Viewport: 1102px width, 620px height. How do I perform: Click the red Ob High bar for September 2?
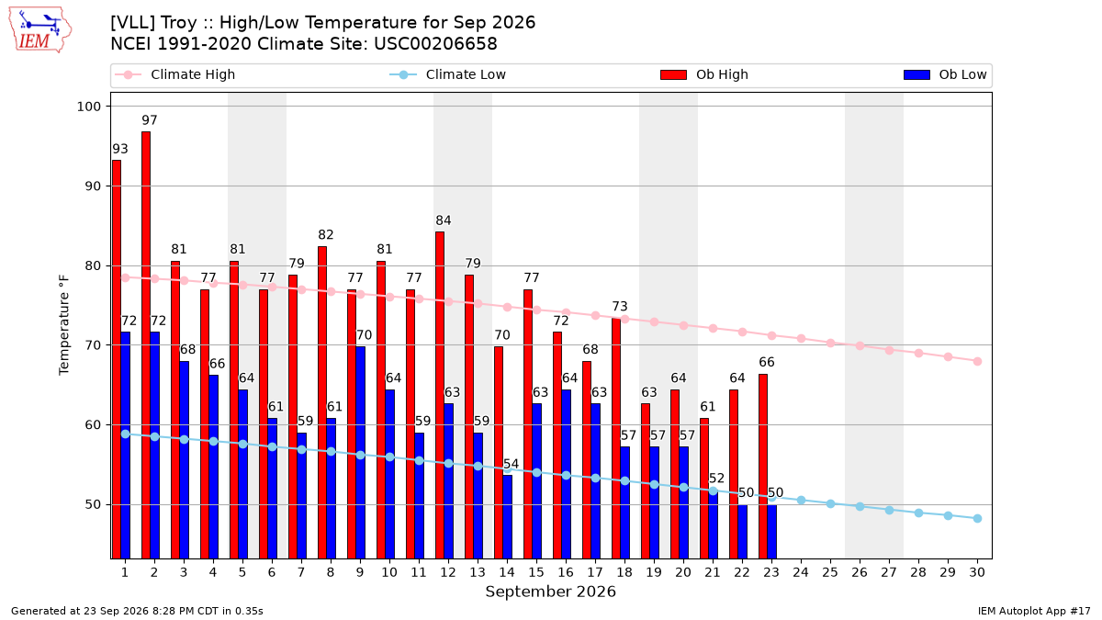pyautogui.click(x=146, y=345)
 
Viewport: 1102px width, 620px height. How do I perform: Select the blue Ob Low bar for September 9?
pyautogui.click(x=360, y=453)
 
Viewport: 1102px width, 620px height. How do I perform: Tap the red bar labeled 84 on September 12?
pyautogui.click(x=440, y=395)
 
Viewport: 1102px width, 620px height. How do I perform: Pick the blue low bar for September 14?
pyautogui.click(x=507, y=516)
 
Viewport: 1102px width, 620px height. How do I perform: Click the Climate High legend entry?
pyautogui.click(x=174, y=74)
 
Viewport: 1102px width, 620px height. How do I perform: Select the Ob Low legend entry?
pyautogui.click(x=945, y=74)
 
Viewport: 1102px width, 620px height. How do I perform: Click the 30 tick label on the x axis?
pyautogui.click(x=977, y=572)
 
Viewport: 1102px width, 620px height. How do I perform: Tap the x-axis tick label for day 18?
pyautogui.click(x=624, y=572)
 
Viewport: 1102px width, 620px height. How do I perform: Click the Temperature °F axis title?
pyautogui.click(x=64, y=325)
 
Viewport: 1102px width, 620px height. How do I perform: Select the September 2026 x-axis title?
pyautogui.click(x=550, y=592)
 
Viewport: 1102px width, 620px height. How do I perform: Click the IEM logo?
pyautogui.click(x=40, y=30)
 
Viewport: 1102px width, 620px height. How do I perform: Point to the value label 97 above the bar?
pyautogui.click(x=150, y=120)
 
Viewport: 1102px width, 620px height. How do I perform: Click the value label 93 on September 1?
pyautogui.click(x=120, y=149)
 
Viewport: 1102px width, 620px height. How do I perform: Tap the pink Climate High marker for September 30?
pyautogui.click(x=977, y=361)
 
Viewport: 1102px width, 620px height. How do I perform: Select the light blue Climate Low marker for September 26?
pyautogui.click(x=860, y=506)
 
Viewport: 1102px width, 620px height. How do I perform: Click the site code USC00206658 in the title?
pyautogui.click(x=435, y=44)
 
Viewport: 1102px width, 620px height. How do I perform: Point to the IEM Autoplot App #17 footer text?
pyautogui.click(x=1034, y=611)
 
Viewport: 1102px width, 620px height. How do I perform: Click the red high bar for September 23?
pyautogui.click(x=763, y=467)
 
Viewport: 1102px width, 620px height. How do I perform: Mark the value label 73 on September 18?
pyautogui.click(x=620, y=307)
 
